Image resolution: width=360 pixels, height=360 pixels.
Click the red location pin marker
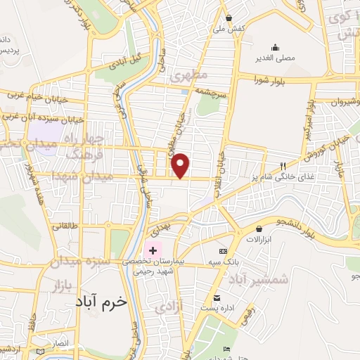pyautogui.click(x=181, y=166)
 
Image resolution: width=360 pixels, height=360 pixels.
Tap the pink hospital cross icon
pyautogui.click(x=153, y=250)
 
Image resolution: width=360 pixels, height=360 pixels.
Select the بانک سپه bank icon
pyautogui.click(x=224, y=251)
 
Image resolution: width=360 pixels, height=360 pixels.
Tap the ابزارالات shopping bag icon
pyautogui.click(x=259, y=229)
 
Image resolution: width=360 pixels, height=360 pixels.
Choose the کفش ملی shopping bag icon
pyautogui.click(x=229, y=17)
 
